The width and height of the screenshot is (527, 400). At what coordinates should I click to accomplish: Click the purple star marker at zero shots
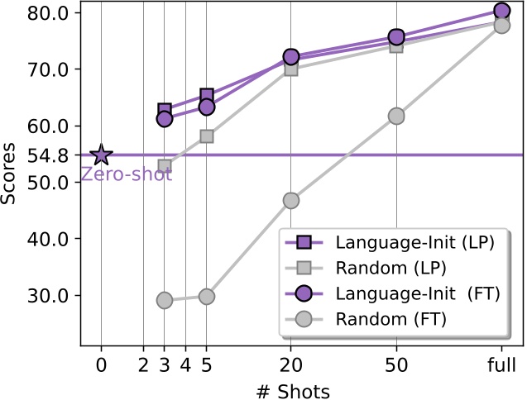[x=101, y=155]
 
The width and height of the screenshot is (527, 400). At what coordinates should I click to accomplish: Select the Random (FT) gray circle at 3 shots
[x=165, y=300]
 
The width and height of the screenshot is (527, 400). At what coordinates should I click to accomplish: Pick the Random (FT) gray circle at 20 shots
[x=291, y=200]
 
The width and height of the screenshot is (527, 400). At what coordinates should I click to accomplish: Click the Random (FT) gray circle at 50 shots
[x=396, y=117]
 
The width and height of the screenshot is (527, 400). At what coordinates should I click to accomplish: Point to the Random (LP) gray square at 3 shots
[x=165, y=166]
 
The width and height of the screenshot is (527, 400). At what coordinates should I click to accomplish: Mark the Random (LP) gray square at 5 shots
[x=207, y=136]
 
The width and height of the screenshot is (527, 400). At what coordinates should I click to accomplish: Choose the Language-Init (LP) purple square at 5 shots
[x=207, y=96]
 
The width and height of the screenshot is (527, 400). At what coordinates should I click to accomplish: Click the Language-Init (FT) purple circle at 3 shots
[x=165, y=119]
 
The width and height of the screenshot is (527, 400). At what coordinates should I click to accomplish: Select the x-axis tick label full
[x=501, y=364]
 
